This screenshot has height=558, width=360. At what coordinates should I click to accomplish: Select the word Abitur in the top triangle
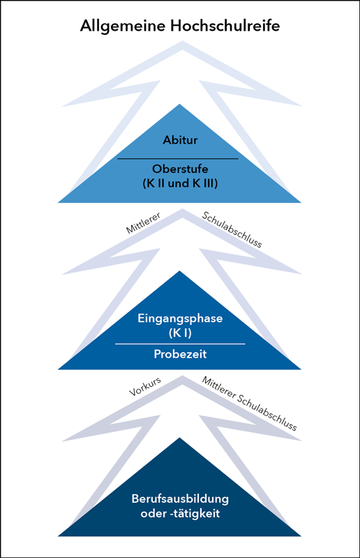pyautogui.click(x=180, y=140)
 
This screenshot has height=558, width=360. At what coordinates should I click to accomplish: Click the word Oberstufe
pyautogui.click(x=180, y=169)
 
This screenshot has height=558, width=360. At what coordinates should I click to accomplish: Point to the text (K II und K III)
pyautogui.click(x=180, y=183)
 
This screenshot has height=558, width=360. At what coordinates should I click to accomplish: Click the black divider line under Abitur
pyautogui.click(x=178, y=159)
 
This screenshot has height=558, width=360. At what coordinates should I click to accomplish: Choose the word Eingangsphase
pyautogui.click(x=180, y=319)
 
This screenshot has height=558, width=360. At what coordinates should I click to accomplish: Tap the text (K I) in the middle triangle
pyautogui.click(x=180, y=333)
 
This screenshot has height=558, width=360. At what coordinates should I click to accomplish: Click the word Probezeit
pyautogui.click(x=180, y=354)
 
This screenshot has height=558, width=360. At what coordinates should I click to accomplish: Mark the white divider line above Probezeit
pyautogui.click(x=180, y=344)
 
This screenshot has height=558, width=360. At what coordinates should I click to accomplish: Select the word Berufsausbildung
pyautogui.click(x=180, y=499)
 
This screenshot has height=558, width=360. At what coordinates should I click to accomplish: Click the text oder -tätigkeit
pyautogui.click(x=180, y=513)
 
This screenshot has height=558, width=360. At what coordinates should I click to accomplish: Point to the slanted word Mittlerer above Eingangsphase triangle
pyautogui.click(x=143, y=223)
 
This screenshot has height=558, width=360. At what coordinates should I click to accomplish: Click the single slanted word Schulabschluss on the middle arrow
pyautogui.click(x=232, y=229)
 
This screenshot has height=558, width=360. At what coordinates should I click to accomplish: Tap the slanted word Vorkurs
pyautogui.click(x=145, y=386)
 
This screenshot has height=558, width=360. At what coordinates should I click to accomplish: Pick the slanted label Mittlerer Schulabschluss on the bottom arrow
pyautogui.click(x=250, y=404)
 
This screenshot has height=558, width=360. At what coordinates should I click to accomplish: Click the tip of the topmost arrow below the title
pyautogui.click(x=182, y=41)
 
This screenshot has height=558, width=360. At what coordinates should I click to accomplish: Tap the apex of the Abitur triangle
pyautogui.click(x=180, y=104)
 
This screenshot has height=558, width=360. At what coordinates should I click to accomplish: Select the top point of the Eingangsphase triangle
pyautogui.click(x=180, y=271)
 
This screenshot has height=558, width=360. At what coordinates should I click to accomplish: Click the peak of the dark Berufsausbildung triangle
pyautogui.click(x=180, y=438)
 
